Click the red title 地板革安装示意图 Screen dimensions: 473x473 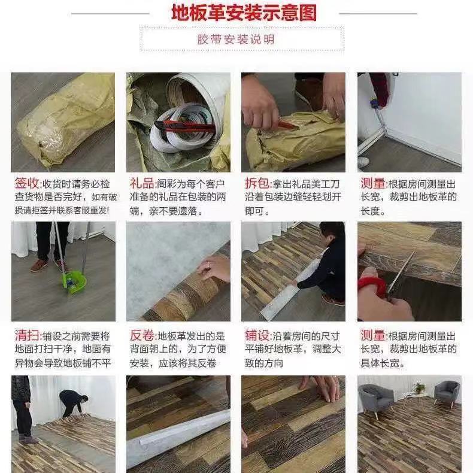[244, 13]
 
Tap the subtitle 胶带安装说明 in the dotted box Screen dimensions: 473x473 [236, 40]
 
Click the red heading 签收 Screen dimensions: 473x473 [27, 183]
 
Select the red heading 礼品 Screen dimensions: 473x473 [142, 183]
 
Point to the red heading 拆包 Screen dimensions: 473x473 [257, 183]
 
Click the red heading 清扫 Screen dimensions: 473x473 [27, 335]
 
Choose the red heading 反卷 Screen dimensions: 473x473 [142, 335]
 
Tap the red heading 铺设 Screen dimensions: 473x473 [257, 335]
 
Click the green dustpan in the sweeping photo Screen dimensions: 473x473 [74, 282]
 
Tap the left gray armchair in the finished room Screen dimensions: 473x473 [375, 398]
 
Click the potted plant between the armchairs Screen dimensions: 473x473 [419, 389]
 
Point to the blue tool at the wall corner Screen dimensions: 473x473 [375, 104]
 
